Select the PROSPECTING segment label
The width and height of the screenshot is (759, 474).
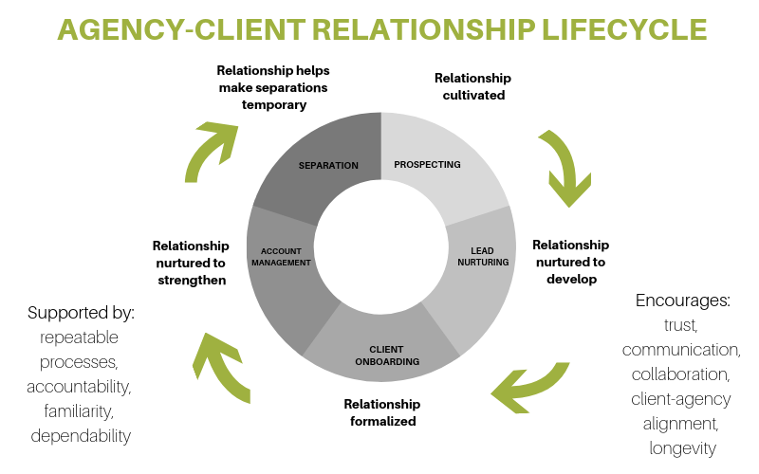[x=427, y=165]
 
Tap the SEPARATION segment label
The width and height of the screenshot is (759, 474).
[x=328, y=166]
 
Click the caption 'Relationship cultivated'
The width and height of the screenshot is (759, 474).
[x=472, y=86]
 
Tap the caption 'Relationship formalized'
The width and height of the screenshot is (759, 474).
[x=380, y=412]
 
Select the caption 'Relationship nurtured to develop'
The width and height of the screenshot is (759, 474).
[x=571, y=262]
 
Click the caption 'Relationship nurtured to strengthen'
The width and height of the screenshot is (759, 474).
[x=191, y=263]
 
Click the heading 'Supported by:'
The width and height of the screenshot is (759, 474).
[x=80, y=312]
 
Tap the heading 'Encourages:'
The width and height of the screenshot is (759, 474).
[x=680, y=301]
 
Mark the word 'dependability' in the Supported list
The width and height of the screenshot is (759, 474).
[x=80, y=436]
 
